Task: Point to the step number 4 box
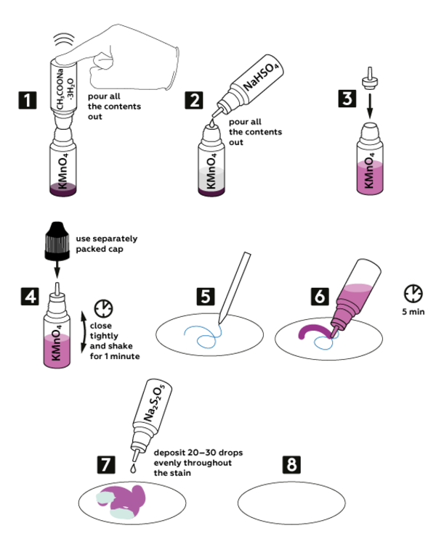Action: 27,297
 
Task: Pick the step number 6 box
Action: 320,297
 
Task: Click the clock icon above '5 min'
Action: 413,293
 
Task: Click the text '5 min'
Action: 413,313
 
